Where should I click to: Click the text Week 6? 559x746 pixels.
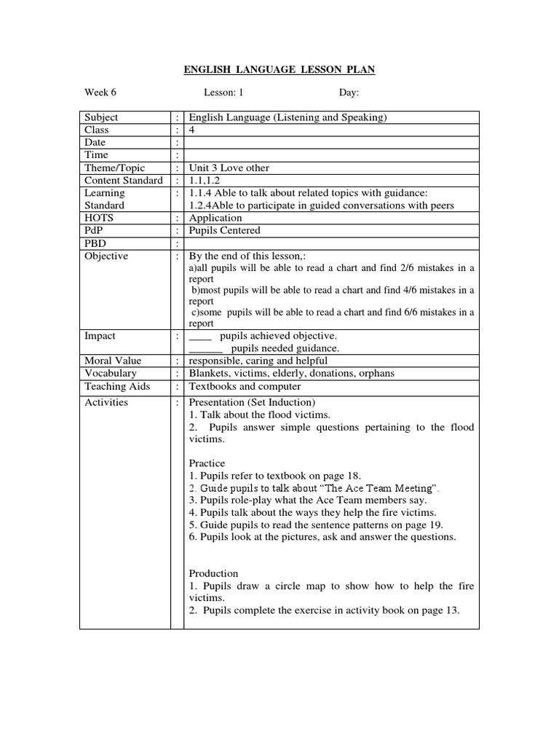tap(100, 93)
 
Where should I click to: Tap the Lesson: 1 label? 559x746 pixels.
tap(223, 93)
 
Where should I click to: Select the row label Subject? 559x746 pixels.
tap(101, 117)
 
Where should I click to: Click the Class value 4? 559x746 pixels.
tap(192, 130)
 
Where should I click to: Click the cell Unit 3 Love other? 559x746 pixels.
tap(229, 168)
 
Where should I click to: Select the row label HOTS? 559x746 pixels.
tap(100, 218)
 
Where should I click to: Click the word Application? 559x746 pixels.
tap(215, 218)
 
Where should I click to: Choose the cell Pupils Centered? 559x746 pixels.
tap(224, 230)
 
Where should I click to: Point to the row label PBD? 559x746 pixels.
tap(97, 243)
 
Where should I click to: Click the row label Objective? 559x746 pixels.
tap(106, 256)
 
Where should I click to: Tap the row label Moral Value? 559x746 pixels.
tap(113, 361)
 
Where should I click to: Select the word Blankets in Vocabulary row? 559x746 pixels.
tap(210, 373)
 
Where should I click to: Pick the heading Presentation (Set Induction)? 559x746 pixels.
tap(252, 402)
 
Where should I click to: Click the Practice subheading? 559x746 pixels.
tap(207, 463)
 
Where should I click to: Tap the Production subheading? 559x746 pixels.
tap(213, 573)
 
